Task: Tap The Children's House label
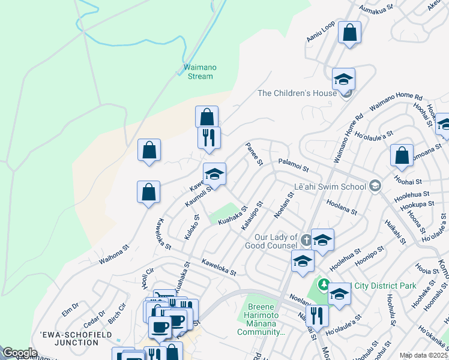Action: point(297,93)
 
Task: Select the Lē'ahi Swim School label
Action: point(330,187)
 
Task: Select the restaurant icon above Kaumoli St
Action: point(209,137)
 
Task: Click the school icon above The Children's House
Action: point(343,79)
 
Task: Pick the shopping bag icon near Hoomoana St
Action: point(402,155)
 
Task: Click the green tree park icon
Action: point(324,283)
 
